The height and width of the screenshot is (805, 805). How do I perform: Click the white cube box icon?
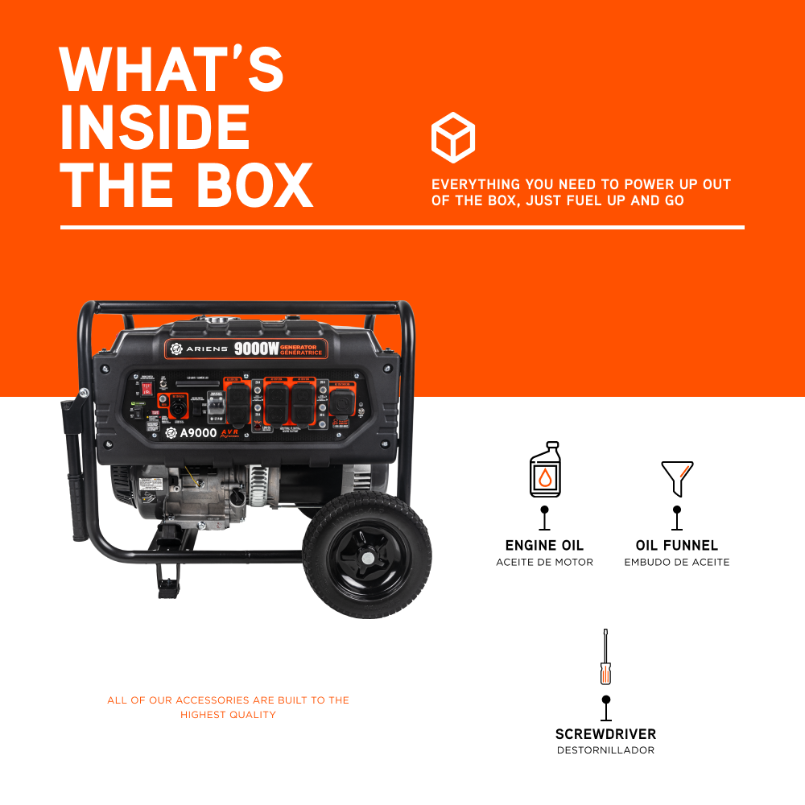453,138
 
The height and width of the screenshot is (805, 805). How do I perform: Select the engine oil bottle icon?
545,470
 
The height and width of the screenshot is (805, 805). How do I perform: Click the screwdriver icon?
605,658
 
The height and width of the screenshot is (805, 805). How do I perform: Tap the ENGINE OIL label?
544,546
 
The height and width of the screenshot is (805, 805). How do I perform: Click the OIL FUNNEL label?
677,546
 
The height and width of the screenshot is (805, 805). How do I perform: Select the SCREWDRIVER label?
605,734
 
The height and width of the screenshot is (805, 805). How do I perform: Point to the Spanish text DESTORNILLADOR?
605,750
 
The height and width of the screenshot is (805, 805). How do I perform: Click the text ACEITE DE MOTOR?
544,562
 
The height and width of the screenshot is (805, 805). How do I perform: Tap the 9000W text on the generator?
254,349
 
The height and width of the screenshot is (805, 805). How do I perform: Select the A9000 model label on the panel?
198,432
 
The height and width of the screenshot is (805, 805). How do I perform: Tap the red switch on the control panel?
147,388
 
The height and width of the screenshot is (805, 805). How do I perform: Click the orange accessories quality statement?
228,708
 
